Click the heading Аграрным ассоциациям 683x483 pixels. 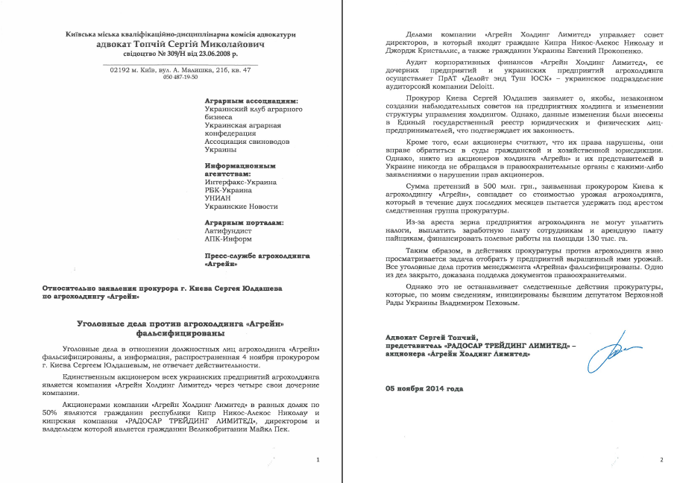tap(251, 100)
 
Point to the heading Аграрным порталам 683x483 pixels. tap(245, 222)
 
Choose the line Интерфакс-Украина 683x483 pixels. tap(241, 181)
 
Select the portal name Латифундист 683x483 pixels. tap(228, 231)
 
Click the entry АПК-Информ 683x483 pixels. tap(229, 239)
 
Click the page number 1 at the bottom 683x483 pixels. tap(318, 460)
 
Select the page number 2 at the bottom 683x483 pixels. tap(661, 460)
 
